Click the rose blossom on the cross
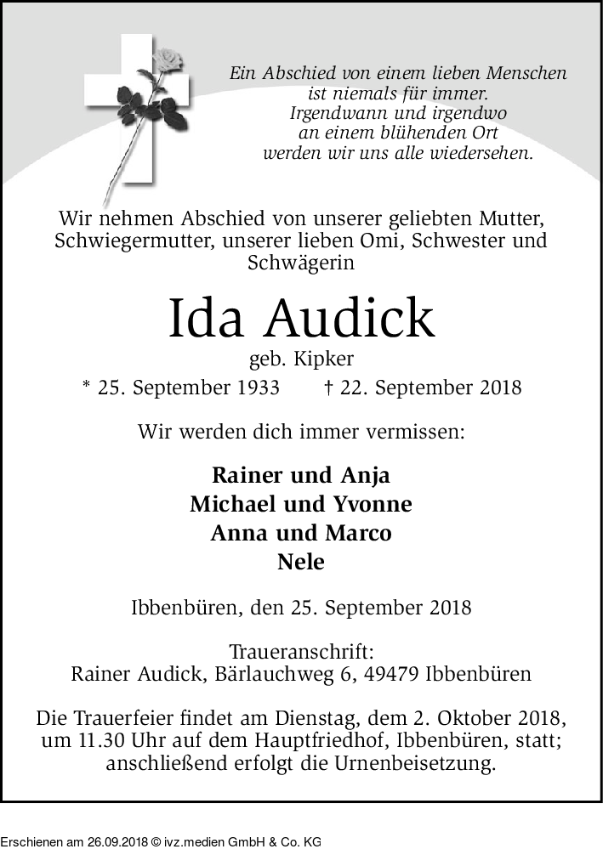pyautogui.click(x=168, y=61)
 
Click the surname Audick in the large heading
pyautogui.click(x=350, y=318)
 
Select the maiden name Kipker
pyautogui.click(x=323, y=359)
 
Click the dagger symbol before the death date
pyautogui.click(x=328, y=388)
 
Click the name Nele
pyautogui.click(x=301, y=562)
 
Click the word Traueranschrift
pyautogui.click(x=301, y=653)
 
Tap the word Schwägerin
pyautogui.click(x=301, y=263)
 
